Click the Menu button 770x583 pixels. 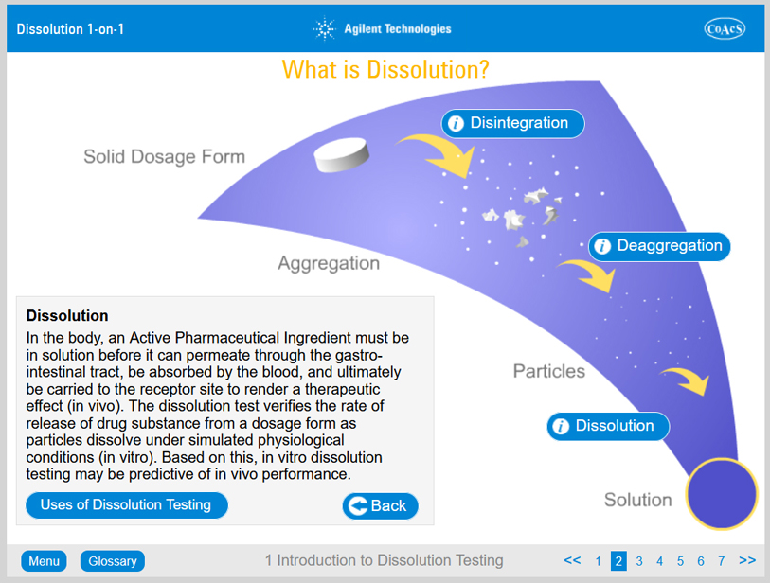[44, 561]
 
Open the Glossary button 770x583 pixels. [113, 561]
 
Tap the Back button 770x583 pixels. [380, 506]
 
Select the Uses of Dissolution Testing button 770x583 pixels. [127, 505]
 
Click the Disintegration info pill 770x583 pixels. [512, 123]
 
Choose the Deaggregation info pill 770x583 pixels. [659, 246]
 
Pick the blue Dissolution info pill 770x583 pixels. [608, 426]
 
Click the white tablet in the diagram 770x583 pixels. [341, 154]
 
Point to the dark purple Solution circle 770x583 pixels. [722, 494]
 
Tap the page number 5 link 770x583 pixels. [680, 561]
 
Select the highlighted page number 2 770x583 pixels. [618, 561]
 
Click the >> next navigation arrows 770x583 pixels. [747, 560]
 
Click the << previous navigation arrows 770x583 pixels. [572, 560]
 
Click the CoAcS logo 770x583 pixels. [725, 28]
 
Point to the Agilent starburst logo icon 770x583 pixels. [325, 29]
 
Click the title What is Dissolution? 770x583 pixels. [385, 69]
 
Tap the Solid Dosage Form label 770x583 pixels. [164, 156]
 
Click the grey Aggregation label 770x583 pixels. [329, 263]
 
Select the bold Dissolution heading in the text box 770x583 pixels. [67, 315]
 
